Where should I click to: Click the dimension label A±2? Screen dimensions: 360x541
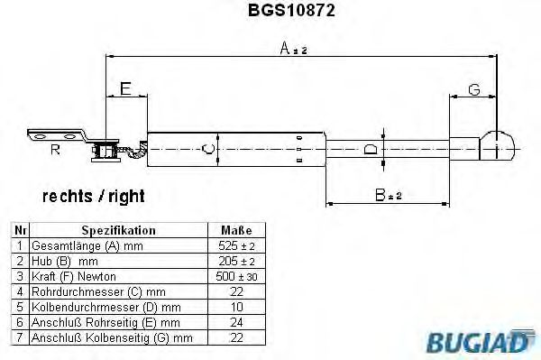pyautogui.click(x=293, y=50)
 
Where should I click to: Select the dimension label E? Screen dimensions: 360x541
pyautogui.click(x=126, y=88)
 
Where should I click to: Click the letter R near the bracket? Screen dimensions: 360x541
pyautogui.click(x=55, y=150)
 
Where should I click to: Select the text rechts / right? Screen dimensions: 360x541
pyautogui.click(x=93, y=195)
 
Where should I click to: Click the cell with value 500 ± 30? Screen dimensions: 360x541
pyautogui.click(x=236, y=276)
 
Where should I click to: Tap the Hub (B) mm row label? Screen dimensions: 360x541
pyautogui.click(x=66, y=261)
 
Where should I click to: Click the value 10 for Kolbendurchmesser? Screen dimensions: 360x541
pyautogui.click(x=236, y=307)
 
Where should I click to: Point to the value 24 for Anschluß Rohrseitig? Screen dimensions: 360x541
pyautogui.click(x=236, y=322)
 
